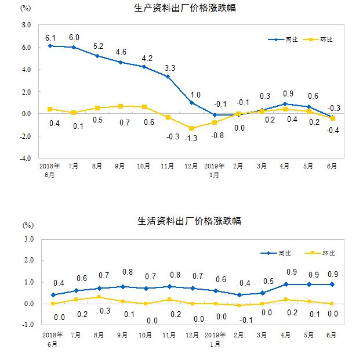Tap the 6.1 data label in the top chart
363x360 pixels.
coord(50,37)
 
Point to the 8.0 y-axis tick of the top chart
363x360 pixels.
coord(26,26)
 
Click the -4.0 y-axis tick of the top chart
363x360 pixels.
coord(26,158)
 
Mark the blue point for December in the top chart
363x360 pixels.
coord(191,103)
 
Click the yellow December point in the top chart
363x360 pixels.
coord(191,128)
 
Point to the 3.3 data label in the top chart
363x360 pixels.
coord(168,69)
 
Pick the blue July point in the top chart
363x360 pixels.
coord(74,47)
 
